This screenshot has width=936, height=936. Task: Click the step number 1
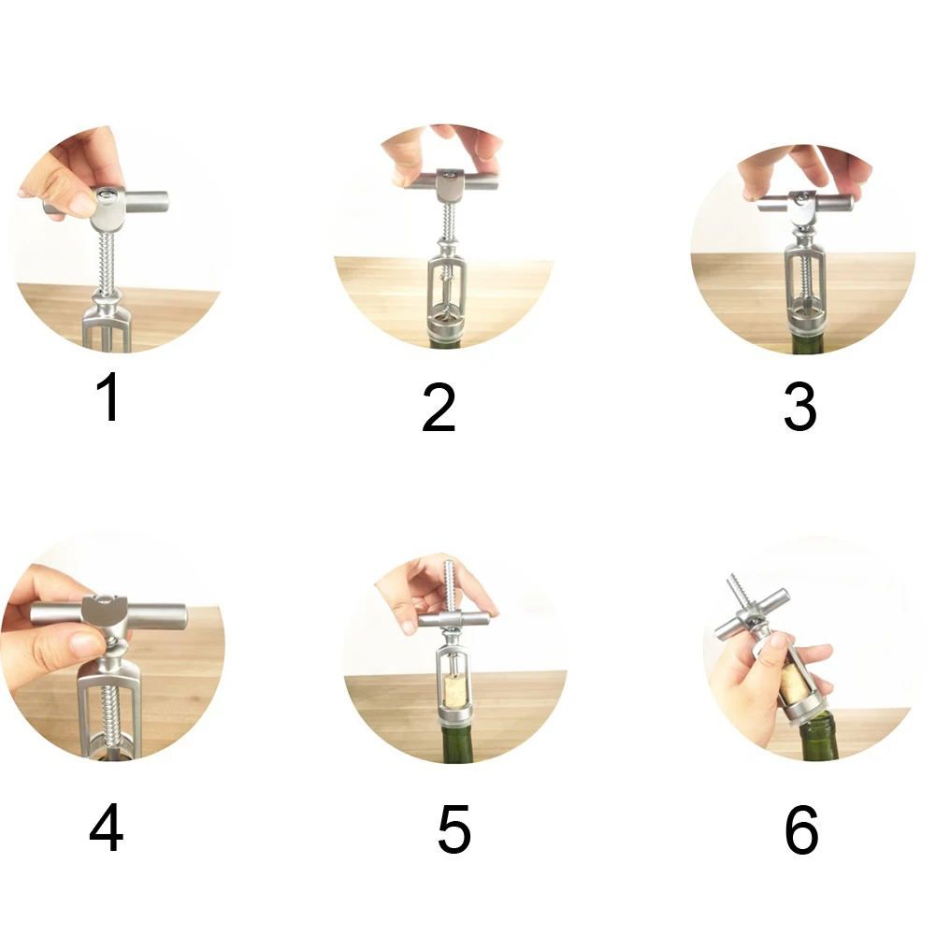[x=109, y=396]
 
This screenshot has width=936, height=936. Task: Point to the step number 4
[x=107, y=828]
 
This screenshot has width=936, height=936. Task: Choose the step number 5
[x=454, y=828]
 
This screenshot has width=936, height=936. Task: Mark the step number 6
[x=801, y=828]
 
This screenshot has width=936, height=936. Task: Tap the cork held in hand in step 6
[x=794, y=685]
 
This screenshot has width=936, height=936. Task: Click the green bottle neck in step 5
[x=456, y=742]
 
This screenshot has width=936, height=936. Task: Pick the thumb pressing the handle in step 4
[x=83, y=644]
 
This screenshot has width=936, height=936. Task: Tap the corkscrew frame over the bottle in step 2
[x=447, y=292]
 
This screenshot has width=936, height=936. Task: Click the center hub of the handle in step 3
[x=804, y=204]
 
